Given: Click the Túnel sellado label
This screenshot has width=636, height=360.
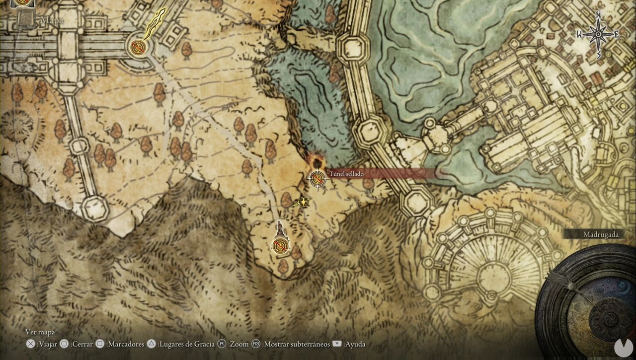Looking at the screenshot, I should point(346,174).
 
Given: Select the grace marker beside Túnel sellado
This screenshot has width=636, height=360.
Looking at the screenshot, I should point(317,178).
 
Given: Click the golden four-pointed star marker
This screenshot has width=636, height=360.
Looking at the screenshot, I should point(302,202).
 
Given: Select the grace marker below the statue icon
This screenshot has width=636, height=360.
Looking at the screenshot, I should point(281,246).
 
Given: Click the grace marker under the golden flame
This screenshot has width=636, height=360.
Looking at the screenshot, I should point(138,48).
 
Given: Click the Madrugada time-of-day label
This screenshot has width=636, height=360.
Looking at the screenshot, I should point(601,234).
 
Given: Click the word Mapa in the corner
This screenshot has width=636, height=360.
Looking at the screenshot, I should point(52,21).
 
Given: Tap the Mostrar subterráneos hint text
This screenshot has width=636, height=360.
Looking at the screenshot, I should point(296,344).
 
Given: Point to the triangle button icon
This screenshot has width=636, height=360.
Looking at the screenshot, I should point(152,344).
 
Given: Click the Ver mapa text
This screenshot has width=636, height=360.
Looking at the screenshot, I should point(40,332).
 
